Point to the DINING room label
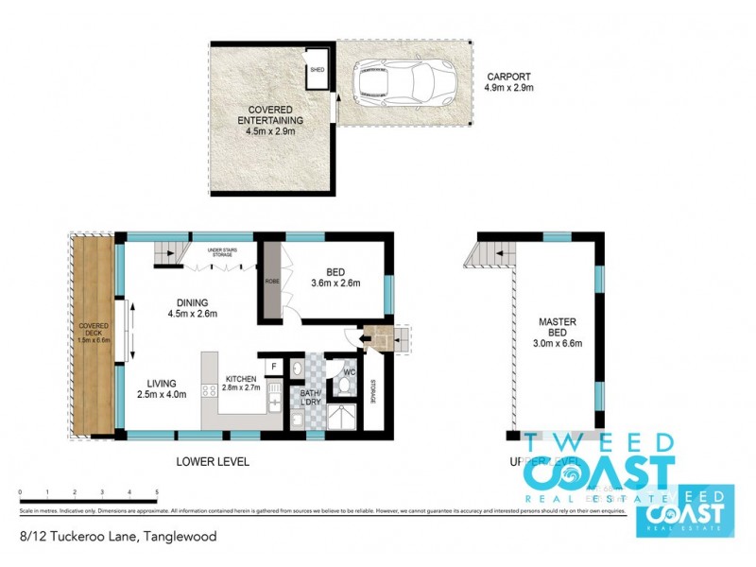coord(187,302)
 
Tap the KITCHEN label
coord(242,377)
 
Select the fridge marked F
coord(273,366)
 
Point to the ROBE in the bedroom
coord(270,281)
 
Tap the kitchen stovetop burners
coord(210,389)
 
